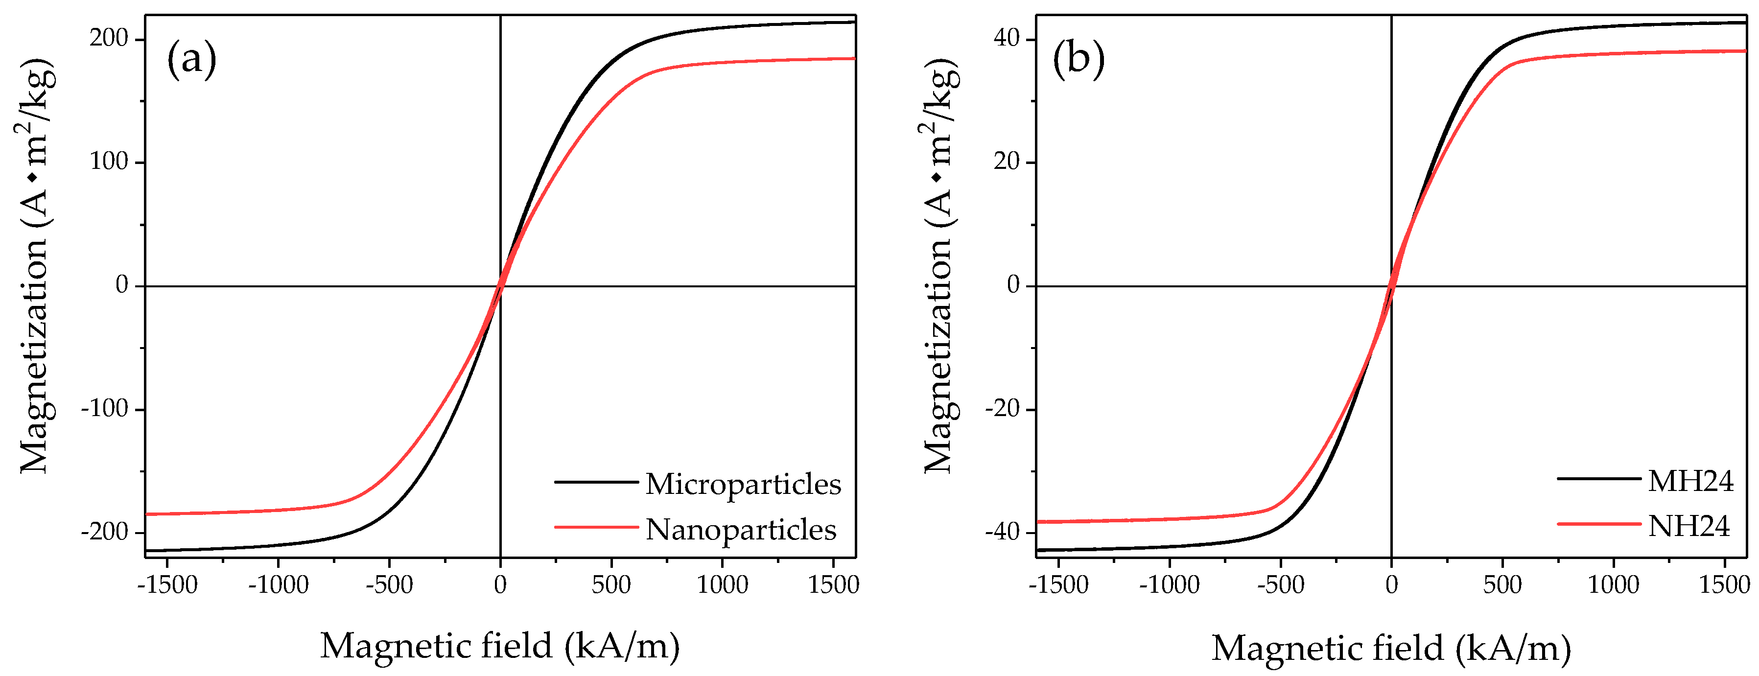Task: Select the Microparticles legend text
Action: pyautogui.click(x=743, y=484)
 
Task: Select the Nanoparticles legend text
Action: pyautogui.click(x=741, y=529)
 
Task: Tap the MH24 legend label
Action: pyautogui.click(x=1690, y=481)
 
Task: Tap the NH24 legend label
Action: pyautogui.click(x=1689, y=526)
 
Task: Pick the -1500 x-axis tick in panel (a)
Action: pyautogui.click(x=167, y=584)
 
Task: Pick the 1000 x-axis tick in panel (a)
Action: pyautogui.click(x=722, y=584)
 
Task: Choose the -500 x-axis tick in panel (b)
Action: pyautogui.click(x=1280, y=584)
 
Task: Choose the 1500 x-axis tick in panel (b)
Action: pyautogui.click(x=1724, y=584)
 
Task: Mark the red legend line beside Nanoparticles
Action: pyautogui.click(x=595, y=527)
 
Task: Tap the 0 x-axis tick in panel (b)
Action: pyautogui.click(x=1391, y=584)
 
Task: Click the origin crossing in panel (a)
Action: pyautogui.click(x=500, y=286)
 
